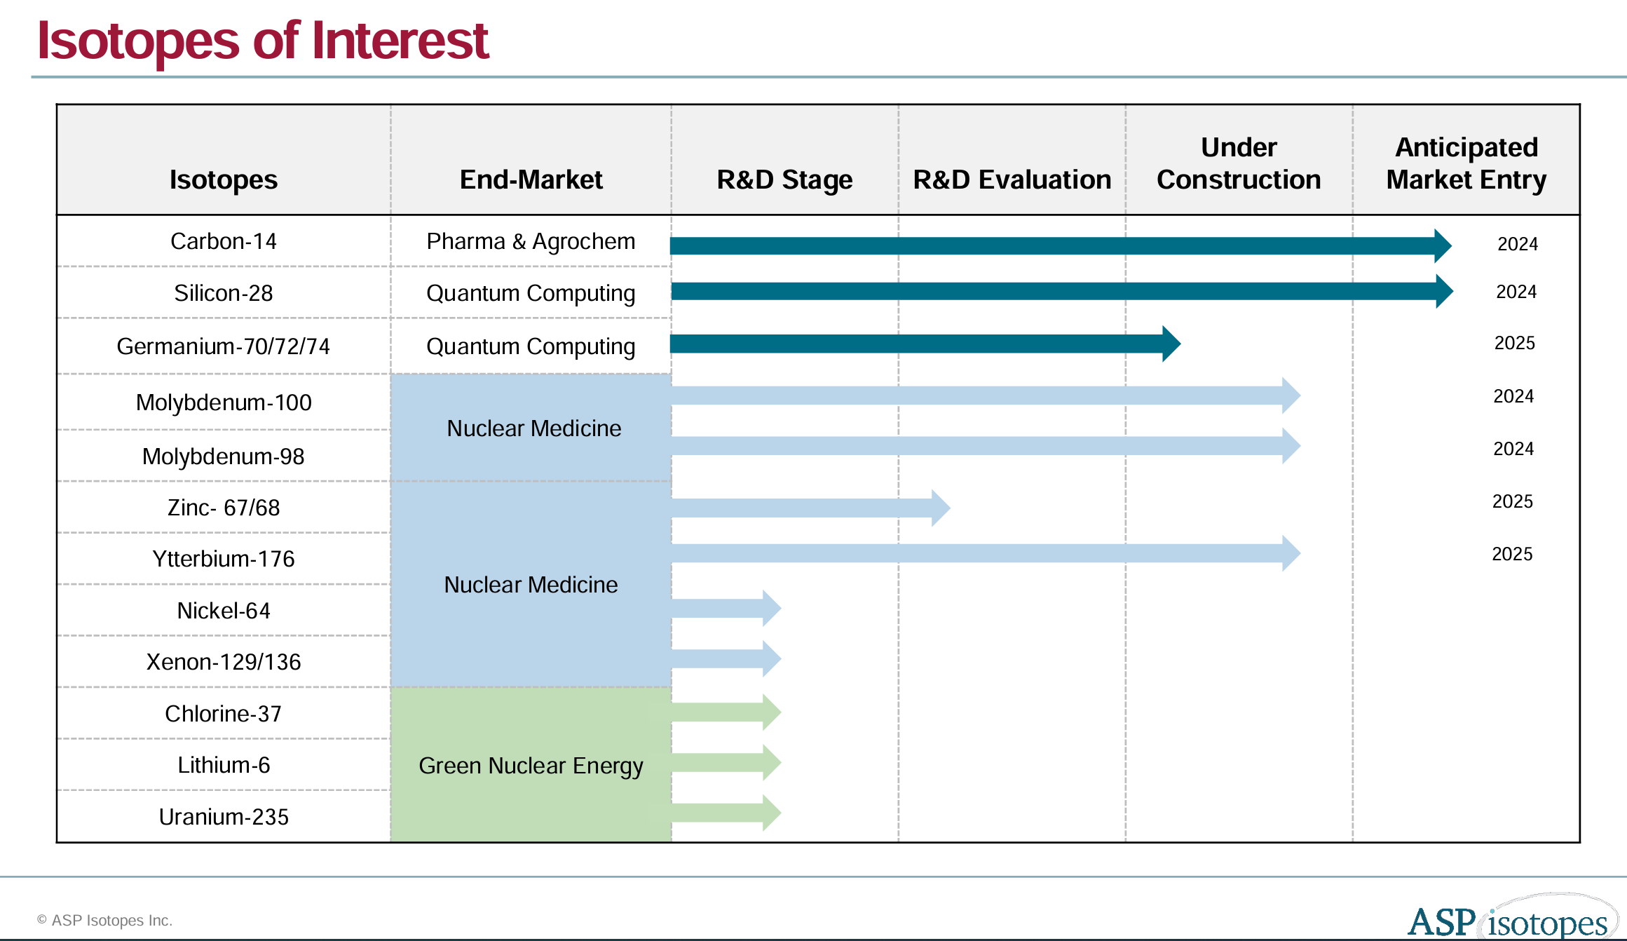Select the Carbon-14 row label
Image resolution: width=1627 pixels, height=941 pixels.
(223, 241)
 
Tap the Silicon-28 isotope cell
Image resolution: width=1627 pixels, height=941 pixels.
(223, 293)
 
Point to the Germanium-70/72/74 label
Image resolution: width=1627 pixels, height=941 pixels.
(223, 346)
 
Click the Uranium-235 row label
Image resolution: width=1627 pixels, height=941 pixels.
(223, 817)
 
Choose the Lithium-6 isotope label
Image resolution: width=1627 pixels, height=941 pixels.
(223, 765)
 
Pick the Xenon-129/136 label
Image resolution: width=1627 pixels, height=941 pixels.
(223, 662)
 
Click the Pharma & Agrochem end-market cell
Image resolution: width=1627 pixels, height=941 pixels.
(531, 241)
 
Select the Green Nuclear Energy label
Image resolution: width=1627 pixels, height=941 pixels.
(531, 766)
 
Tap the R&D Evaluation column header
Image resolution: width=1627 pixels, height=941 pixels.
(1012, 180)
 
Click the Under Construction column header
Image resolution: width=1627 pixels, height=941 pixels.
(1239, 163)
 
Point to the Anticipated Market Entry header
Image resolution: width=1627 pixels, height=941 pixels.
(1466, 163)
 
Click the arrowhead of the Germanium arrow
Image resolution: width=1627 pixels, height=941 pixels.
(1171, 344)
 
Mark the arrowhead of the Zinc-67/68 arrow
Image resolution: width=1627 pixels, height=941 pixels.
(940, 508)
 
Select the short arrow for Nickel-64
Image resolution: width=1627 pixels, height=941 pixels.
(726, 608)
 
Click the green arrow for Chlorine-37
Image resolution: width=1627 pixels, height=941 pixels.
(726, 712)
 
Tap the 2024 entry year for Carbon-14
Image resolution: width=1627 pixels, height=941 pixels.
(1517, 244)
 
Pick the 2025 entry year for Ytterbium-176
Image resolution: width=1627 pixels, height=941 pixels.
(1512, 554)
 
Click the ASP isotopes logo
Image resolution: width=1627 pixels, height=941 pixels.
(1511, 919)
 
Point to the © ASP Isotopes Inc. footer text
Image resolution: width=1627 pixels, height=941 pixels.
(105, 920)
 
